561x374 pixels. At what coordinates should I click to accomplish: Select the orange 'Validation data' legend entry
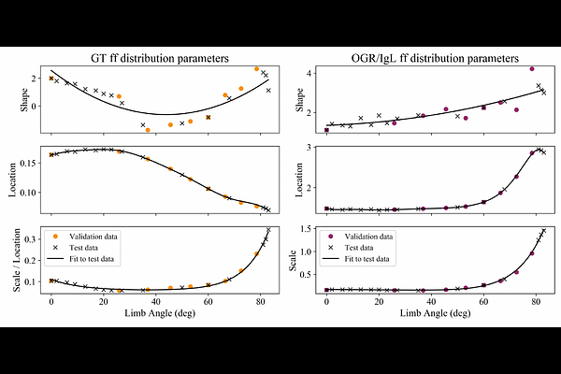(96, 236)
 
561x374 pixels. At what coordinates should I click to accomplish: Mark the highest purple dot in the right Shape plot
(532, 68)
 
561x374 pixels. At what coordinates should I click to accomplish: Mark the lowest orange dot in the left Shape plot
(148, 130)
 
